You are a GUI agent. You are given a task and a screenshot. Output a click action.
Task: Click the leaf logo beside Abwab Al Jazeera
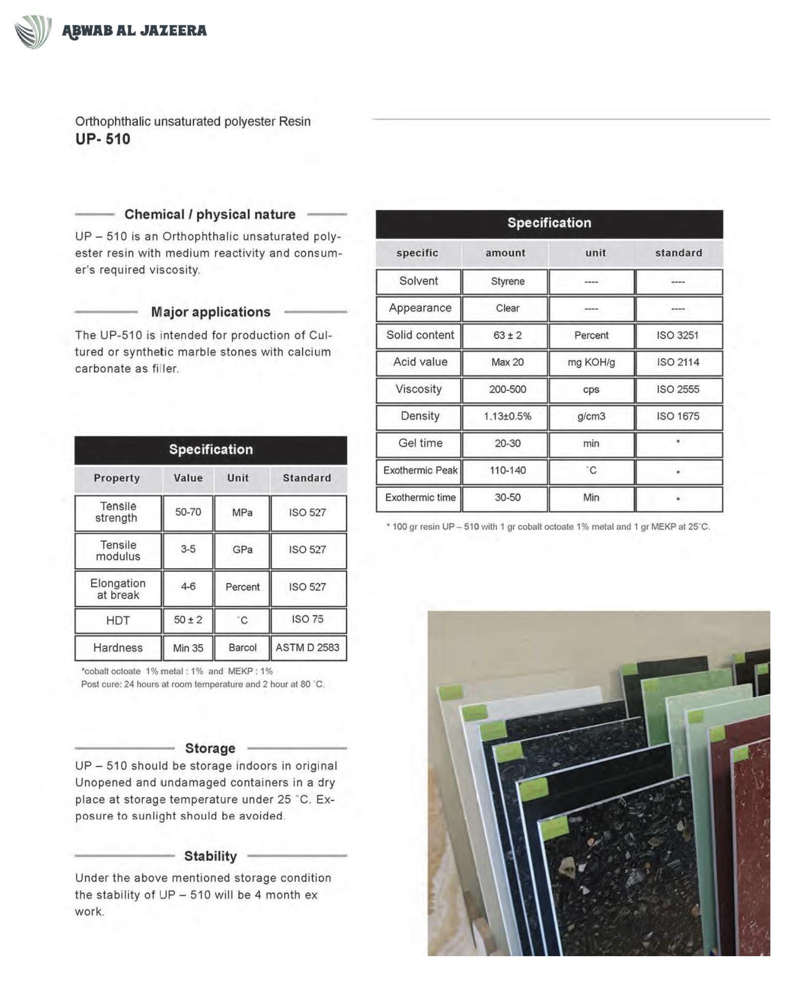(x=33, y=32)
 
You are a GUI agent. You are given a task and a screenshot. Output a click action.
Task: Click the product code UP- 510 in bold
(x=102, y=139)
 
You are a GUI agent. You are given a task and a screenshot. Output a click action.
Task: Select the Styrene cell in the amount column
(x=507, y=281)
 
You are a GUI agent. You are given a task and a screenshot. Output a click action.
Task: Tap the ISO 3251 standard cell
(x=677, y=335)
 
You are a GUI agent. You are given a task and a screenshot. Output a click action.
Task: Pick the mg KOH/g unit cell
(x=591, y=362)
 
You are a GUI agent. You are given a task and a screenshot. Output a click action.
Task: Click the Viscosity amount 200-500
(x=507, y=389)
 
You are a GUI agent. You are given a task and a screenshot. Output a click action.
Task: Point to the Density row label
(x=420, y=416)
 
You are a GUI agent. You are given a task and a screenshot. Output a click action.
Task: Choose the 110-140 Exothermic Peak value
(x=507, y=470)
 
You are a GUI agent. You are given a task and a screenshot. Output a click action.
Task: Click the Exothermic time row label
(x=420, y=497)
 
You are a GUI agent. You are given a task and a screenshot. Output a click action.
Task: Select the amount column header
(x=505, y=253)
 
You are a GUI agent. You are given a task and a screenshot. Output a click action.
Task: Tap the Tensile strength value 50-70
(x=188, y=512)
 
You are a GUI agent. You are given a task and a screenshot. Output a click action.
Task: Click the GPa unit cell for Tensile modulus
(x=242, y=549)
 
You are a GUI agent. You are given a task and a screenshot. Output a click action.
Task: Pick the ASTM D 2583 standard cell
(x=307, y=647)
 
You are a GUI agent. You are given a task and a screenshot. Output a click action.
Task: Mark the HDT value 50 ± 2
(x=188, y=620)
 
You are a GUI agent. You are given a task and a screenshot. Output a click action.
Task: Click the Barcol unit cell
(x=242, y=648)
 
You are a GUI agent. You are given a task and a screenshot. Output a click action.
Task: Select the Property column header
(x=116, y=478)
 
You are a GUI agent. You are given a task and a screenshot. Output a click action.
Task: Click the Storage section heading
(x=210, y=748)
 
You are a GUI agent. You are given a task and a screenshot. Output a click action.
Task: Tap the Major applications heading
(x=211, y=312)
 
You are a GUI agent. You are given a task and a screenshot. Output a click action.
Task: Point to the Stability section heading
(x=210, y=856)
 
